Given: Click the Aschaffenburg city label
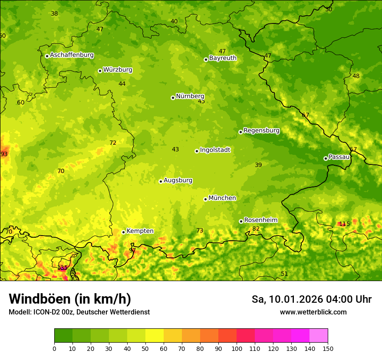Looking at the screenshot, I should [72, 55].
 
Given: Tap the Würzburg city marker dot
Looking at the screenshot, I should [100, 71].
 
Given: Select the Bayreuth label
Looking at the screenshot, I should [223, 58].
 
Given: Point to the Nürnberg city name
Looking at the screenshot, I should [190, 96].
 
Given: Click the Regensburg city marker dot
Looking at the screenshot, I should [240, 132].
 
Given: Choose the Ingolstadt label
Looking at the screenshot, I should [215, 150].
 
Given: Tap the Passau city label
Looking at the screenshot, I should [339, 157].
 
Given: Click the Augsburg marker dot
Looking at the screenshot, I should [161, 181].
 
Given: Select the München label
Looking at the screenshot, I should [222, 198].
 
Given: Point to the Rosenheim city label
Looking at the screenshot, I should [260, 220].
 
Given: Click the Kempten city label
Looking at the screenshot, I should [140, 231].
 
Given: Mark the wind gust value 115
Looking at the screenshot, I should [344, 224].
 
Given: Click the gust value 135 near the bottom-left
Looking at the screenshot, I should [63, 268].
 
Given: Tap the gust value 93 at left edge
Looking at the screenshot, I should [4, 154].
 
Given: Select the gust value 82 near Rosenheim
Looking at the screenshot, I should [256, 229].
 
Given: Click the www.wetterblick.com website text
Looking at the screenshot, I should [313, 312].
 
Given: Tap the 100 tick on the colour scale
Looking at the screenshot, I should [237, 349].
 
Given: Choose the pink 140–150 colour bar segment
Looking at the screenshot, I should [319, 336].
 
